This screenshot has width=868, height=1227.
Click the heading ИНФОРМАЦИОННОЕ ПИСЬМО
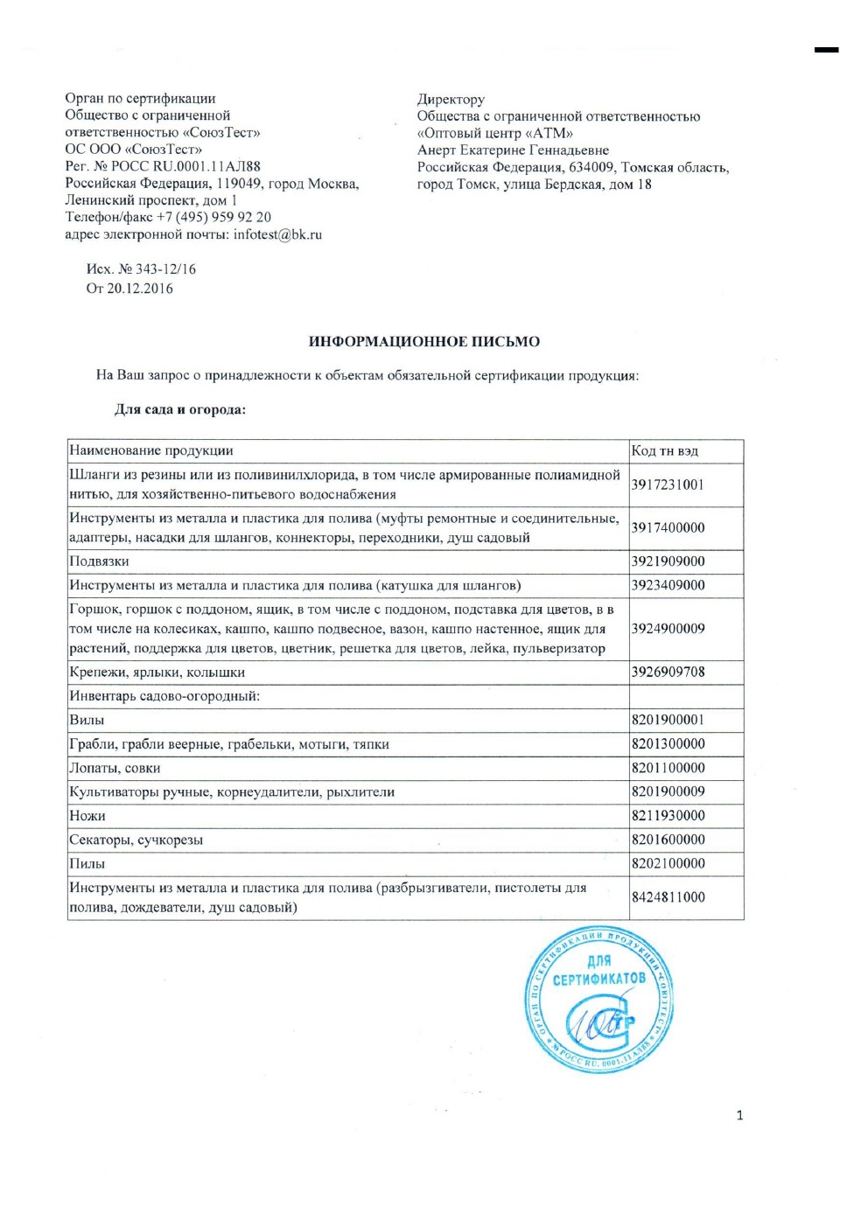tap(423, 342)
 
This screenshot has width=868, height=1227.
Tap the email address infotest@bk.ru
tap(277, 234)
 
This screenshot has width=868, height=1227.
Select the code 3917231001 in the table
tap(668, 485)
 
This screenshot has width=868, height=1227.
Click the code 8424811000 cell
tap(668, 897)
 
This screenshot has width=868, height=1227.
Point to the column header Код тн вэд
tap(665, 451)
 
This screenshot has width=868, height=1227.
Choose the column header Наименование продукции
tap(151, 451)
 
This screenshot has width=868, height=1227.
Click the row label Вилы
tap(87, 721)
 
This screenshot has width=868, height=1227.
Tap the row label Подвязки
tap(99, 561)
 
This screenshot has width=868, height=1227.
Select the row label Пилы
tap(87, 864)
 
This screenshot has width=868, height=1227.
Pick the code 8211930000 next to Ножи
tap(668, 816)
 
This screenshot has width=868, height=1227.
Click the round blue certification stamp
tap(599, 1000)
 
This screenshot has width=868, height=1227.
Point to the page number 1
tap(740, 1115)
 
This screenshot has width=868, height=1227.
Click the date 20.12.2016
tap(140, 289)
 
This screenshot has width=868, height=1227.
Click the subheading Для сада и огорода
tap(180, 409)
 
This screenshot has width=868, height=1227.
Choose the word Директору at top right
tap(451, 100)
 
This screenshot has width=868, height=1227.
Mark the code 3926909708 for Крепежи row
tap(668, 673)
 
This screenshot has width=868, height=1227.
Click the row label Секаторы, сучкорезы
tap(136, 840)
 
